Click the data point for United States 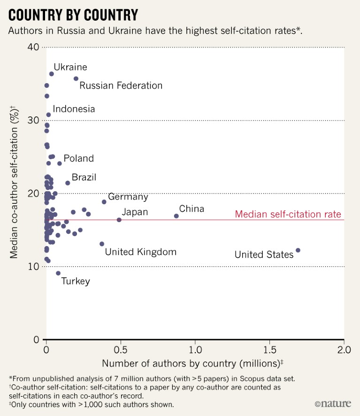pyautogui.click(x=298, y=250)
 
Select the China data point pyautogui.click(x=176, y=216)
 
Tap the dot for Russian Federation pyautogui.click(x=76, y=78)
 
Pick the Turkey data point pyautogui.click(x=58, y=273)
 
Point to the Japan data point pyautogui.click(x=119, y=220)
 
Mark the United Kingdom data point pyautogui.click(x=102, y=244)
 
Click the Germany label pyautogui.click(x=128, y=197)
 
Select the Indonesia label pyautogui.click(x=74, y=109)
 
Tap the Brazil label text pyautogui.click(x=84, y=177)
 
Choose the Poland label pyautogui.click(x=78, y=158)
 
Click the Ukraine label pyautogui.click(x=70, y=67)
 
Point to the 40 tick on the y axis pyautogui.click(x=33, y=47)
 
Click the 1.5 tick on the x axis pyautogui.click(x=269, y=350)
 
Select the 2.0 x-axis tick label pyautogui.click(x=344, y=350)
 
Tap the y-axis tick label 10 pyautogui.click(x=33, y=267)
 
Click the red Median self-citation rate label pyautogui.click(x=288, y=214)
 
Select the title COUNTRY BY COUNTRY pyautogui.click(x=73, y=15)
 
